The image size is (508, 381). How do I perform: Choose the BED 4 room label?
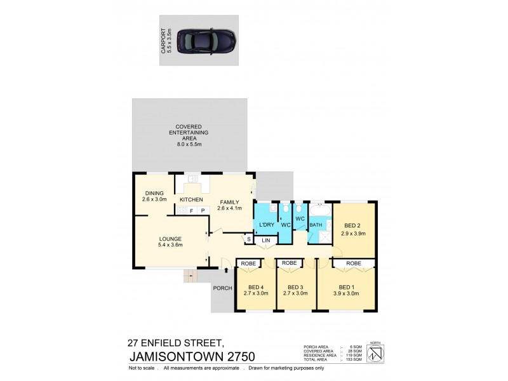tap(256, 286)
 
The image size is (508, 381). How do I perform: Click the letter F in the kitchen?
tap(190, 210)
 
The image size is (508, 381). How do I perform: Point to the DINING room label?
tap(154, 193)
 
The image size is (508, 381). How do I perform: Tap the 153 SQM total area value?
tap(356, 360)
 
